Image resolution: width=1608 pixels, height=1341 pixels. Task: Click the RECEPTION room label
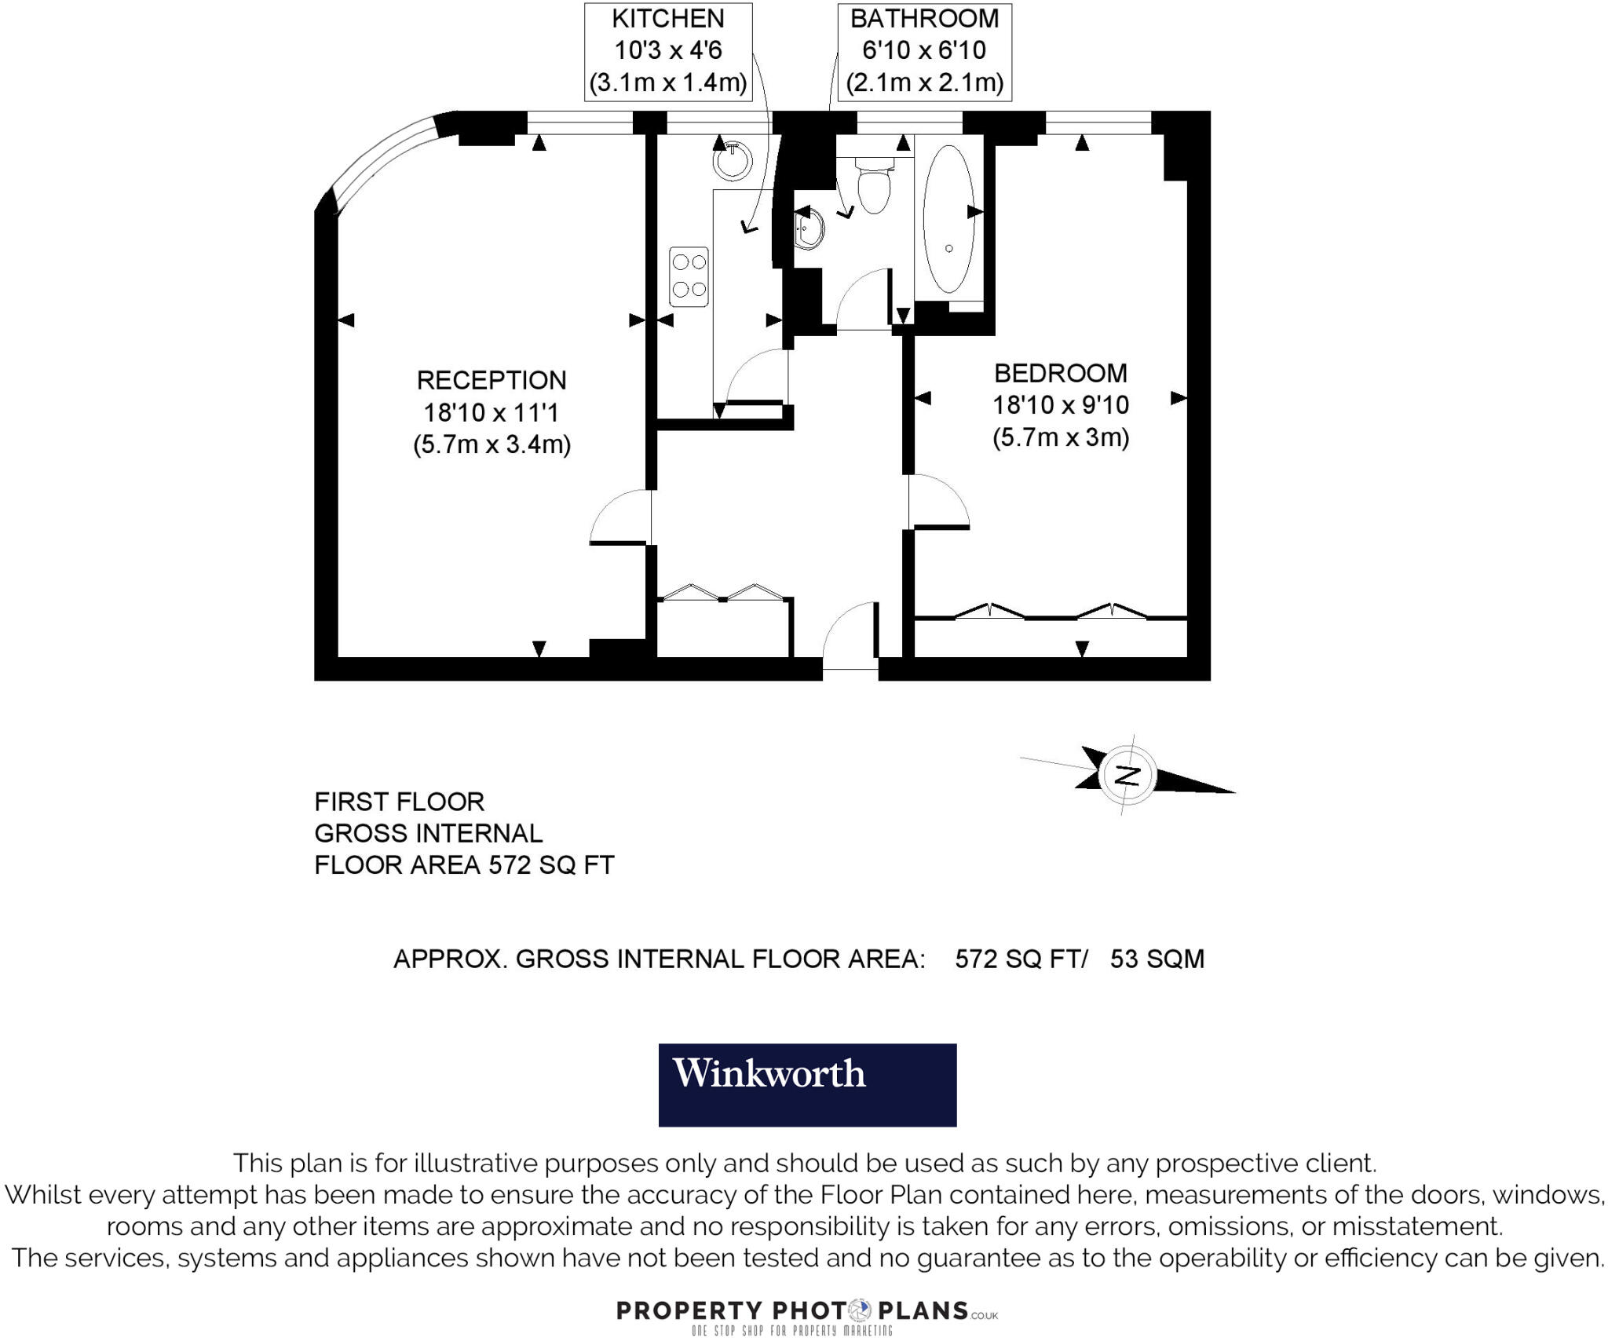pyautogui.click(x=492, y=380)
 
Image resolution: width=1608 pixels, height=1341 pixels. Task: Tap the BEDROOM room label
pyautogui.click(x=1060, y=373)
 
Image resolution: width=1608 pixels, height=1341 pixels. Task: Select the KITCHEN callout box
pyautogui.click(x=668, y=52)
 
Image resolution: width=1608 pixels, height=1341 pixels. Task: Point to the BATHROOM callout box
pyautogui.click(x=924, y=52)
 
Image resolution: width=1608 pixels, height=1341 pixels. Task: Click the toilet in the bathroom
pyautogui.click(x=873, y=185)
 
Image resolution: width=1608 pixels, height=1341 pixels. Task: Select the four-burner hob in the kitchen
pyautogui.click(x=689, y=276)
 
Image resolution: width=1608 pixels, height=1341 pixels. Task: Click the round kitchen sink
pyautogui.click(x=732, y=161)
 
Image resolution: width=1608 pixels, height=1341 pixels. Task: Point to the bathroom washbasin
pyautogui.click(x=809, y=228)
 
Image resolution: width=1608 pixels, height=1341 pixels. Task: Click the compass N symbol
pyautogui.click(x=1127, y=775)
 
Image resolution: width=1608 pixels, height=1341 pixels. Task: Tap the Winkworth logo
pyautogui.click(x=807, y=1084)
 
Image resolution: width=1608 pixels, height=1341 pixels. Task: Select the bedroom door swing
pyautogui.click(x=937, y=502)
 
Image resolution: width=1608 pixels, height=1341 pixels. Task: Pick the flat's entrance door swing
pyautogui.click(x=851, y=634)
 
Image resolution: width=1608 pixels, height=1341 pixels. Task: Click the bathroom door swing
pyautogui.click(x=864, y=298)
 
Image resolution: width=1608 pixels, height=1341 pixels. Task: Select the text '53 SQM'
pyautogui.click(x=1157, y=959)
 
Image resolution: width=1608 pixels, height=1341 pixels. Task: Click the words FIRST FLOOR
pyautogui.click(x=400, y=802)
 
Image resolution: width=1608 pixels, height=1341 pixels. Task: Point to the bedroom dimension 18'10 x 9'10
pyautogui.click(x=1060, y=405)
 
